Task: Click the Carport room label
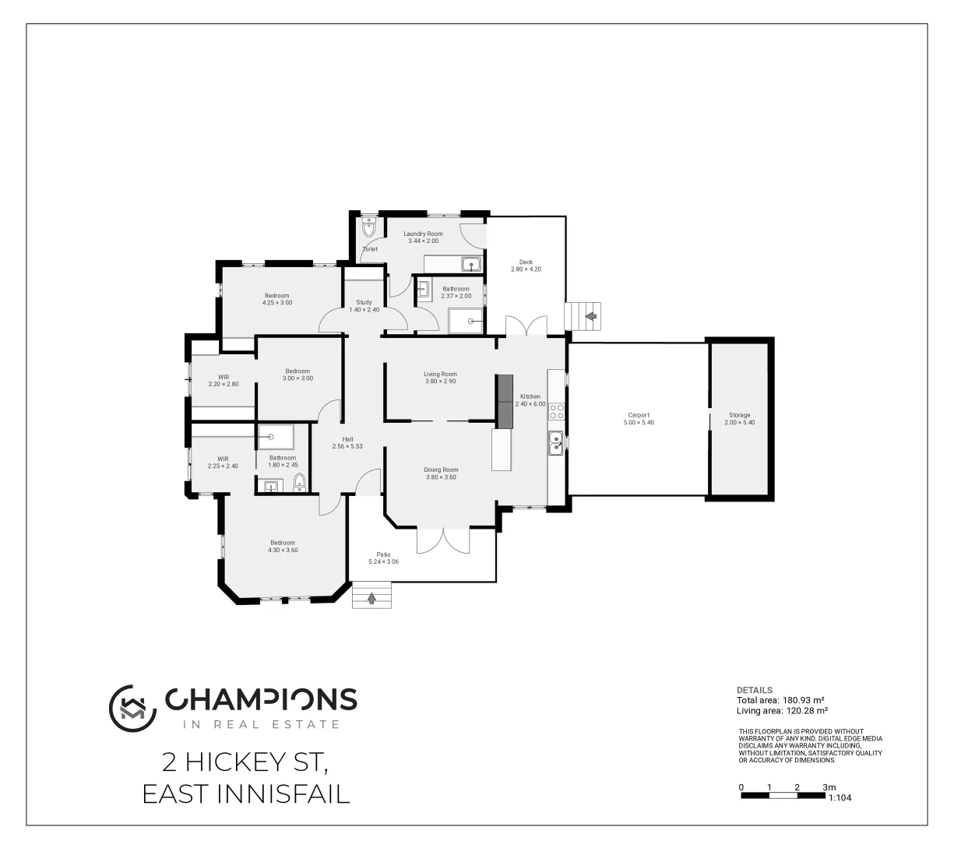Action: [x=639, y=415]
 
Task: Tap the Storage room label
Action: [x=739, y=415]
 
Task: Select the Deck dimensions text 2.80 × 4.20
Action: [x=526, y=269]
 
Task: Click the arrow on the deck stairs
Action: [x=590, y=316]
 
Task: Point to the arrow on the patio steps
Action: [x=371, y=598]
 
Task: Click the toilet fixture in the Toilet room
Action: [x=369, y=229]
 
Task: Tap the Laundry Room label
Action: [x=423, y=234]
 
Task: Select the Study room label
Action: [x=364, y=302]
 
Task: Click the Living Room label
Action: [x=440, y=374]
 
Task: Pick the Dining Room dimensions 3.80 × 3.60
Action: [x=441, y=477]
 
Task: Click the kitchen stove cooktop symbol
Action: [x=557, y=411]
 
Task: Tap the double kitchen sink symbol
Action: [x=557, y=442]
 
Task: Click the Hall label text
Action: [x=347, y=439]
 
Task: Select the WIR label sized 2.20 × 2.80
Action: [x=224, y=377]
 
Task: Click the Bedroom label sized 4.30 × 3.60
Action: [x=283, y=543]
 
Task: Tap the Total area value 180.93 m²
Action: [x=781, y=700]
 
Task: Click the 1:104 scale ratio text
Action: [x=840, y=798]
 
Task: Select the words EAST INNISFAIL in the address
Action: [x=246, y=794]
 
